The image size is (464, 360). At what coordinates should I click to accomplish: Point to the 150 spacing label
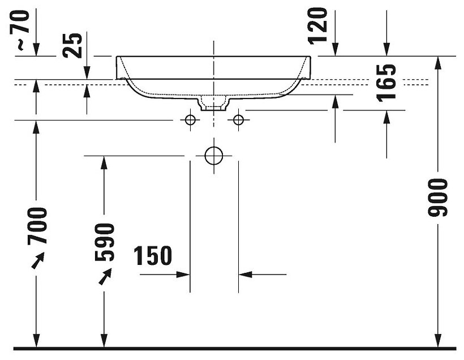[x=153, y=256]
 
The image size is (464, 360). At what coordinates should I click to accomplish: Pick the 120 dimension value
[x=319, y=25]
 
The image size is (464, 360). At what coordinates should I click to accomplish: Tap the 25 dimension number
[x=73, y=46]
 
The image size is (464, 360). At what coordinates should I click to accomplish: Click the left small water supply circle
[x=190, y=119]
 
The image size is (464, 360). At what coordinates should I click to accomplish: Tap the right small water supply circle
[x=238, y=119]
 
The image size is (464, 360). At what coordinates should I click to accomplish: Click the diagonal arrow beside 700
[x=37, y=260]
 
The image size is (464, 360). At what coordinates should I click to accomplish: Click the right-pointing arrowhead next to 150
[x=182, y=275]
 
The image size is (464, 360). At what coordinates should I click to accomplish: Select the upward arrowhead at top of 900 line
[x=438, y=63]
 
